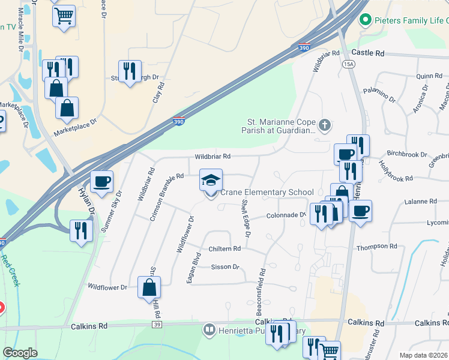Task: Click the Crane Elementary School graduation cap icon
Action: [x=211, y=180]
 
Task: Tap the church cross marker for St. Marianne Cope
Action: [x=325, y=125]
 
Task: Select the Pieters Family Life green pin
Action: [x=364, y=21]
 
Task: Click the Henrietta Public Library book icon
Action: [x=209, y=329]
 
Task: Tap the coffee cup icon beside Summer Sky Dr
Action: [x=101, y=181]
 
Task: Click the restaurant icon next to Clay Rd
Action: [x=130, y=71]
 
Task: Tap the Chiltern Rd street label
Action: [x=224, y=248]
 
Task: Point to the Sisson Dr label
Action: [x=225, y=266]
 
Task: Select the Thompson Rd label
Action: [x=377, y=247]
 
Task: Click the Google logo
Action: [x=20, y=353]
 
